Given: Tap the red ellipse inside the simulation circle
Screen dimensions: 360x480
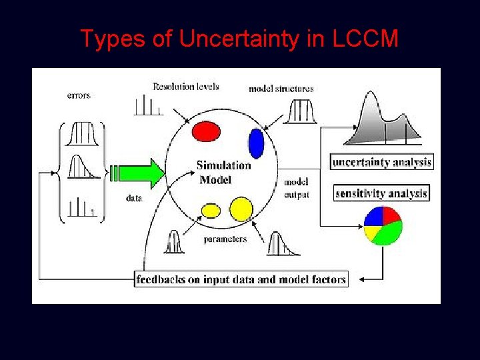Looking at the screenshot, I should click(206, 132).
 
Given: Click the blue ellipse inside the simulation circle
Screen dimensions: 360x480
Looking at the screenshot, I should click(256, 143).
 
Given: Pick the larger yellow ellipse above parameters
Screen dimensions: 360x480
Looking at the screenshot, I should click(241, 209).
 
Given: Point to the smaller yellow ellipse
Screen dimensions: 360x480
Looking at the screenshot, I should click(211, 211).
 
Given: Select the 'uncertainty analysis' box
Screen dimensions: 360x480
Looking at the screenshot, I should click(381, 162).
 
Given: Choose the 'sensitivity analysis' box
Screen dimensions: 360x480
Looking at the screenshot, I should click(381, 193).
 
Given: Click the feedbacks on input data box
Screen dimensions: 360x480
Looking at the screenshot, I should click(241, 279).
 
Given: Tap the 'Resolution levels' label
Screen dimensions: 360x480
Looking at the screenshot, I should click(185, 87).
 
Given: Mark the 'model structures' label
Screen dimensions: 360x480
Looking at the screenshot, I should click(281, 89).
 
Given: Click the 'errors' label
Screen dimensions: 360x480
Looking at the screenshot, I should click(79, 95).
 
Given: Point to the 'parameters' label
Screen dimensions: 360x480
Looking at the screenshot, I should click(225, 239).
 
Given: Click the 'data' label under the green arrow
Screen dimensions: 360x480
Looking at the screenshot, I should click(133, 198).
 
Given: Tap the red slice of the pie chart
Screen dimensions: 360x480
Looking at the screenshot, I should click(390, 216).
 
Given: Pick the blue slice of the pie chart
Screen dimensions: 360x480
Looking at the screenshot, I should click(374, 217).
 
